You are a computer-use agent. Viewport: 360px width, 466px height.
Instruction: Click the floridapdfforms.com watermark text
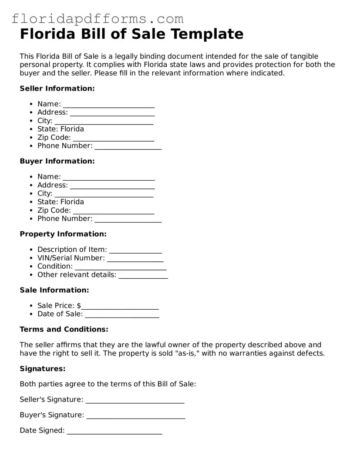click(98, 19)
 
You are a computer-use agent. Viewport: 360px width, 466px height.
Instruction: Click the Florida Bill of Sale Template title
click(131, 34)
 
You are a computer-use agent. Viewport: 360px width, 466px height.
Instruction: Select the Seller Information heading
click(57, 88)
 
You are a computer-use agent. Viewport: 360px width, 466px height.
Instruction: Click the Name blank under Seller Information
click(109, 104)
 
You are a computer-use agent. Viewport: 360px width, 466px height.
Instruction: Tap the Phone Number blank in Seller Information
click(128, 146)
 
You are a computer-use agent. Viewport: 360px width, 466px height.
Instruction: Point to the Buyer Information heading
click(57, 161)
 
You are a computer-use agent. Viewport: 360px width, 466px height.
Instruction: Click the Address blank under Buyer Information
click(112, 186)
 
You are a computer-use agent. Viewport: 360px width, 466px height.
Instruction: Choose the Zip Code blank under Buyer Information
click(114, 211)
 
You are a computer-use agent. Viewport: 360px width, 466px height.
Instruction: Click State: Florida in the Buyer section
click(61, 202)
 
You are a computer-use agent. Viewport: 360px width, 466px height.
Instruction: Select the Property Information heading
click(63, 234)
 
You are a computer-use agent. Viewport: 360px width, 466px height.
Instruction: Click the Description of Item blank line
click(135, 250)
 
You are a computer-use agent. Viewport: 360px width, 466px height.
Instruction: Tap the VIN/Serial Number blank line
click(135, 258)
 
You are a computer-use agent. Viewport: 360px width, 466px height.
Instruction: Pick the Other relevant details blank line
click(143, 275)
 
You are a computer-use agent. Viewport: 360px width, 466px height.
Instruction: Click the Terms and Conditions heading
click(64, 329)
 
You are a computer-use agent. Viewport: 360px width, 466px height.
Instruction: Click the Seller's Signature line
click(135, 400)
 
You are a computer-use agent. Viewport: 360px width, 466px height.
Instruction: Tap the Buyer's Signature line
click(135, 415)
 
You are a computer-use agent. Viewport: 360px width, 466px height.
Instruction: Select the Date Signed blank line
click(114, 431)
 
